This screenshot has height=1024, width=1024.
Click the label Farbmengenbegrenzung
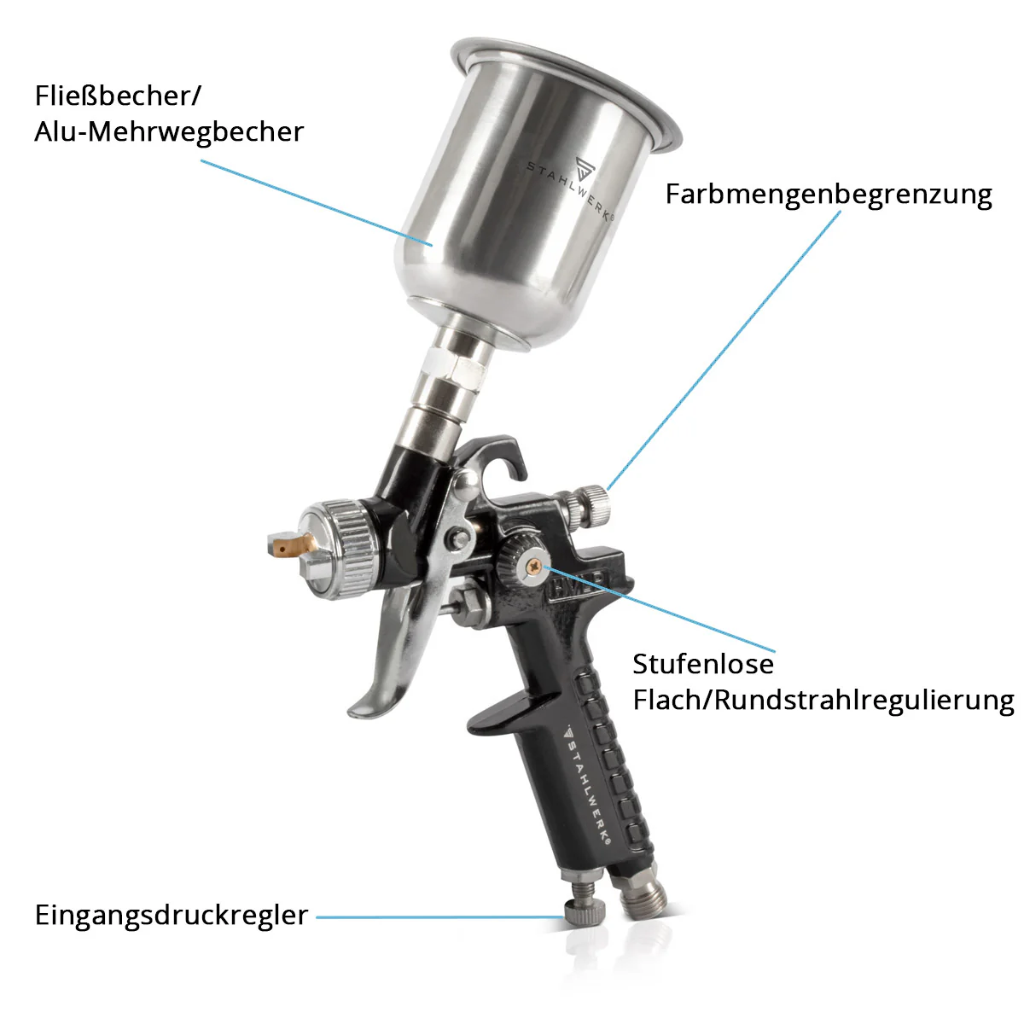[x=829, y=195]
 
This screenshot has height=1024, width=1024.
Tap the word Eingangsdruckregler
[x=171, y=915]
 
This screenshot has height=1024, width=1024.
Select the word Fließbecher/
[x=118, y=96]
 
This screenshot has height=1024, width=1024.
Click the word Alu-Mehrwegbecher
[x=169, y=132]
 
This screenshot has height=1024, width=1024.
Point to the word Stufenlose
[x=703, y=664]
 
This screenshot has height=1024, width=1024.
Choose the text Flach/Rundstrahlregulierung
[x=823, y=701]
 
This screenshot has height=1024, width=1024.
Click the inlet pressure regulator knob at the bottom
[x=585, y=913]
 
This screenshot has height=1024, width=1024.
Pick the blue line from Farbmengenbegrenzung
[x=725, y=341]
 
